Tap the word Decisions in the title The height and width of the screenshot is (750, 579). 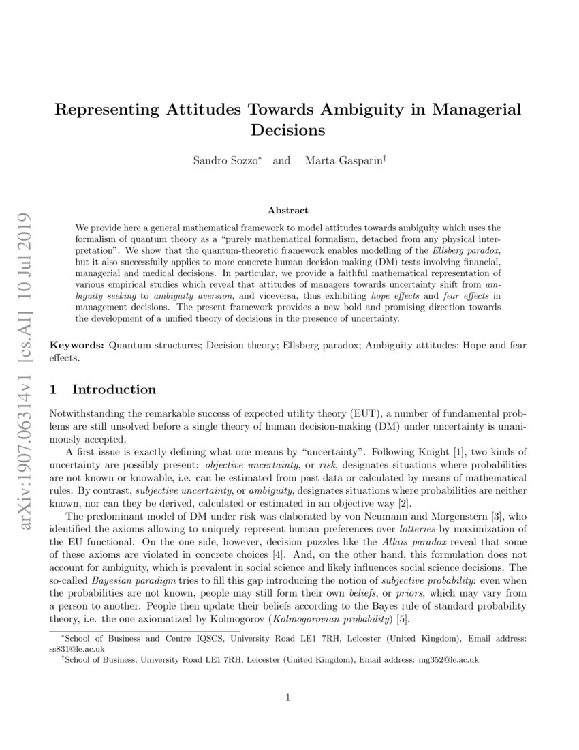pyautogui.click(x=289, y=129)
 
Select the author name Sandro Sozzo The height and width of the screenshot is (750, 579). pyautogui.click(x=223, y=161)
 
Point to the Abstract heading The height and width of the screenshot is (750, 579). pyautogui.click(x=288, y=211)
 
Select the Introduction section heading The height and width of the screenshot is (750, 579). pyautogui.click(x=114, y=390)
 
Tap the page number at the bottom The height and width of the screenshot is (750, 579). pyautogui.click(x=289, y=697)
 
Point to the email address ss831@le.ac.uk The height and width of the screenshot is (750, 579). pyautogui.click(x=76, y=649)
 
